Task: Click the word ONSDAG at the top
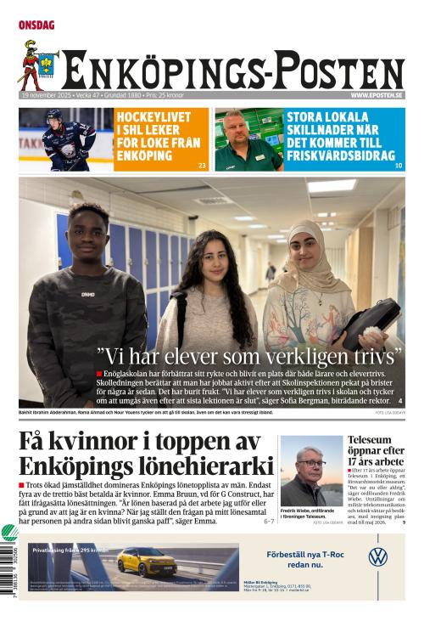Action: (x=36, y=25)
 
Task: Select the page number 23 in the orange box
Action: (x=201, y=165)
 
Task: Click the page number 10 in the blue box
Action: (x=399, y=165)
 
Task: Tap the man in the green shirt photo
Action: (x=248, y=139)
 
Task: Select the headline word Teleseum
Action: (x=371, y=440)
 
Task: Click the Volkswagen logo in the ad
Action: (x=378, y=557)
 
